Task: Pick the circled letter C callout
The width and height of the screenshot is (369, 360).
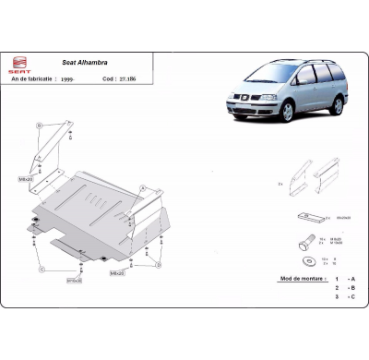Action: tap(42, 270)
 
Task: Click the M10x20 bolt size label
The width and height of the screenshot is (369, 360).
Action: tap(73, 280)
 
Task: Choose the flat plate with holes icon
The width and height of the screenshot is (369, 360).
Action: tap(306, 216)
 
